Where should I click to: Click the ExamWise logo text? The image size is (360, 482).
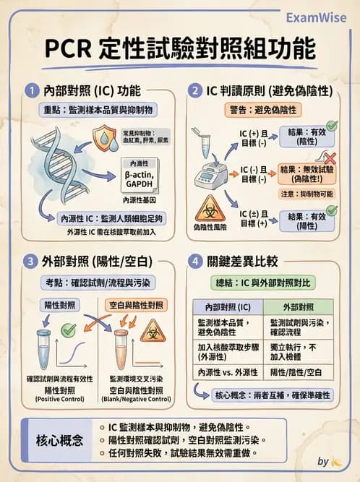click(x=315, y=17)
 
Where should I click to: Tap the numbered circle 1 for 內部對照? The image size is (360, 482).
click(x=31, y=91)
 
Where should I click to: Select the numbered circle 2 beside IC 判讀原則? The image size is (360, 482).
click(x=194, y=91)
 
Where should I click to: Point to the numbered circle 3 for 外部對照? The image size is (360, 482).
click(x=31, y=261)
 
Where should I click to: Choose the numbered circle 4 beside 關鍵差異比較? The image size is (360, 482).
click(x=194, y=261)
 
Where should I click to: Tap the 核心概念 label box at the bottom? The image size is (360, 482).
click(x=58, y=439)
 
